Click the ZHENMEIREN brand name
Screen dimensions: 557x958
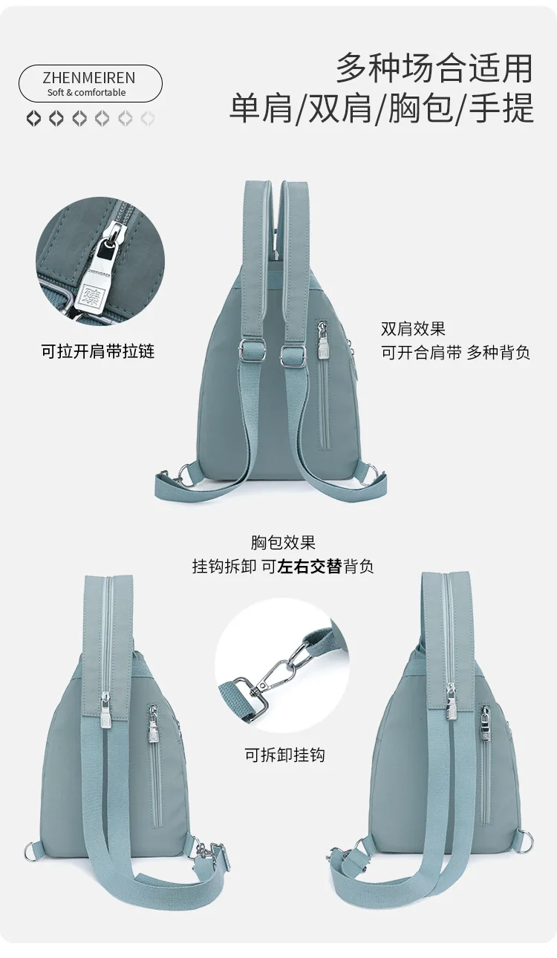(89, 78)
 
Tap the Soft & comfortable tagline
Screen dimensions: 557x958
(87, 93)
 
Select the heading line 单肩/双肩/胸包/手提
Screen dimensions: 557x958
(382, 108)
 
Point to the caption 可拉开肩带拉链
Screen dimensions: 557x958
(97, 351)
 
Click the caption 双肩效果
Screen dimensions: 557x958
(413, 328)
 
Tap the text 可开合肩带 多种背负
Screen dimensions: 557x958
(455, 353)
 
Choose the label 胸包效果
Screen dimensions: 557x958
(283, 543)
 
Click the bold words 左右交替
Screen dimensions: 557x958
(309, 567)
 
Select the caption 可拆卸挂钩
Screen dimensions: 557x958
(285, 755)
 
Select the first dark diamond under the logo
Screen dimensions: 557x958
(33, 118)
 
